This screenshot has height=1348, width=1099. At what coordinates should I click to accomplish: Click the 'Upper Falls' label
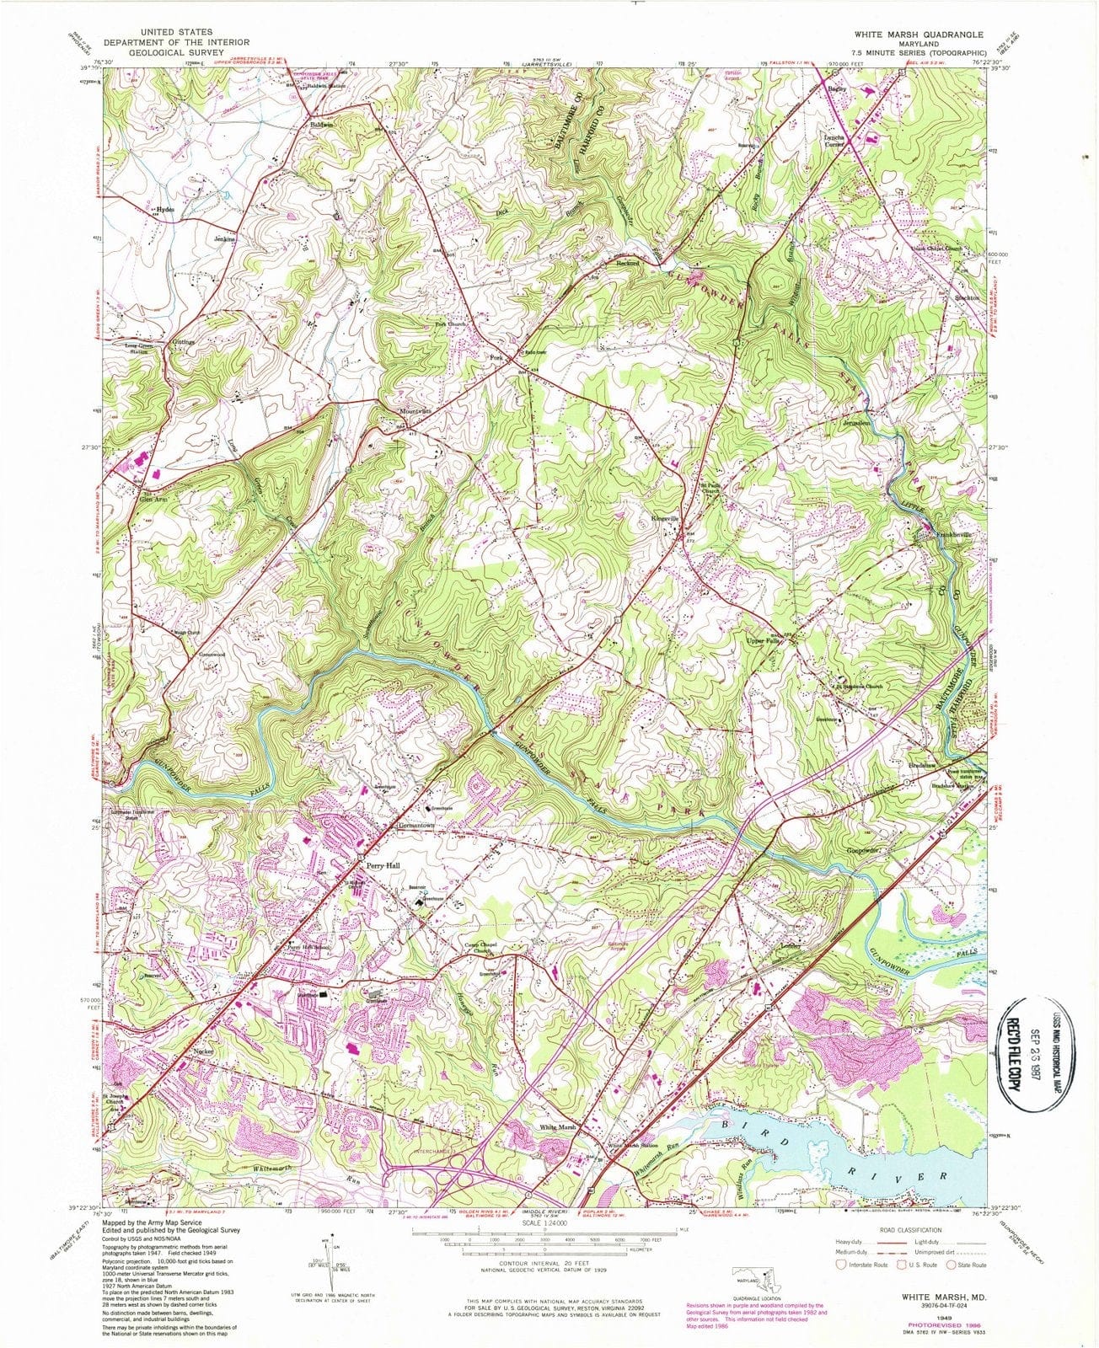764,641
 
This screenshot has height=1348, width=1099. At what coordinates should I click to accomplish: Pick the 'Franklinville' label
949,534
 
